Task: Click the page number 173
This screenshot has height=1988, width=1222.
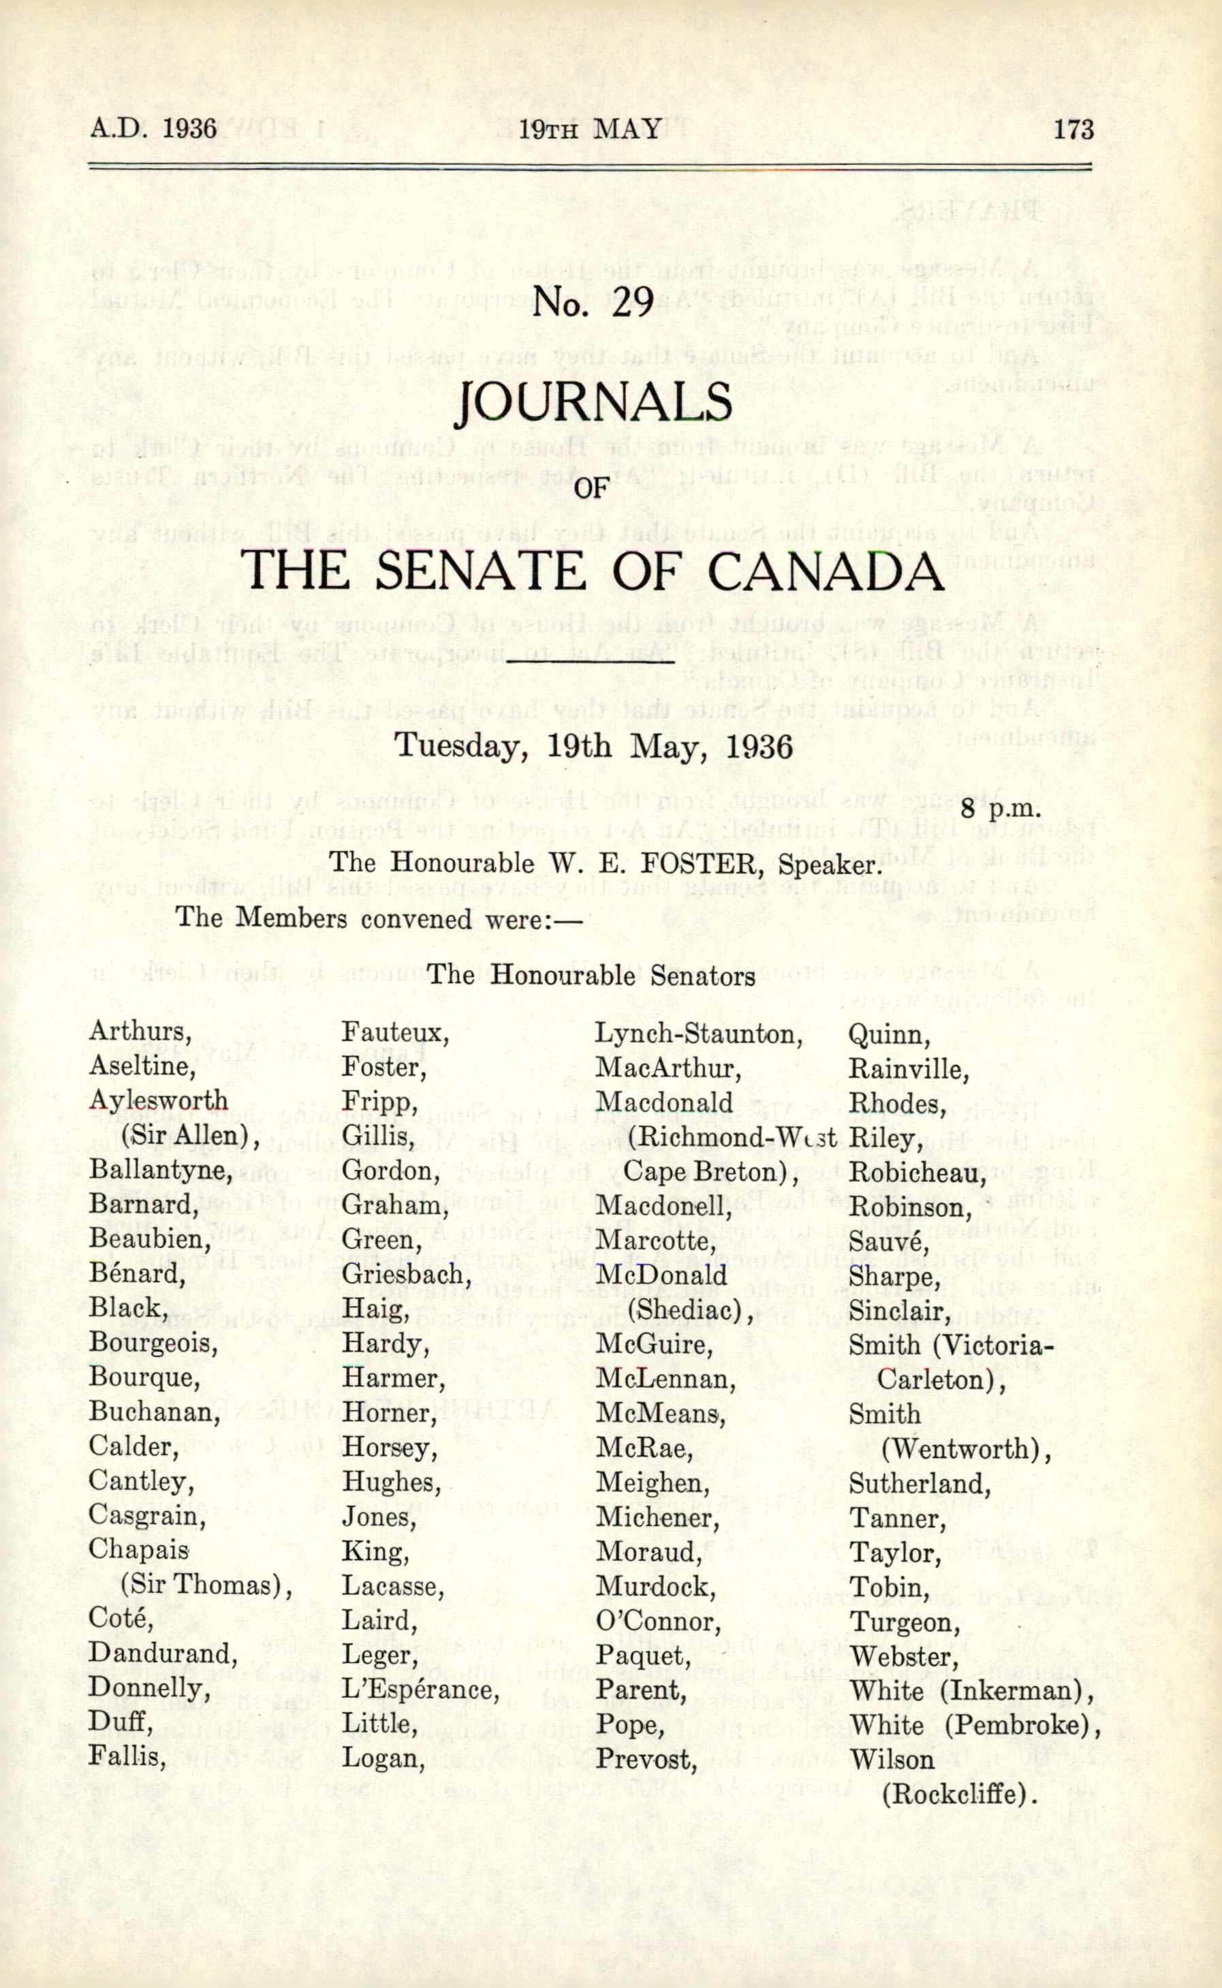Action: (1074, 129)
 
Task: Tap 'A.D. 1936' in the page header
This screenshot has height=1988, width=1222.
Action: (153, 129)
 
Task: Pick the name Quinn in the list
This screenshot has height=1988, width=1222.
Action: (889, 1035)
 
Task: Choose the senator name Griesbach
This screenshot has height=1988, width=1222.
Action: (407, 1275)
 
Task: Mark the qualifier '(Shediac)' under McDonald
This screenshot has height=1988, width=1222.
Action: (689, 1309)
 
